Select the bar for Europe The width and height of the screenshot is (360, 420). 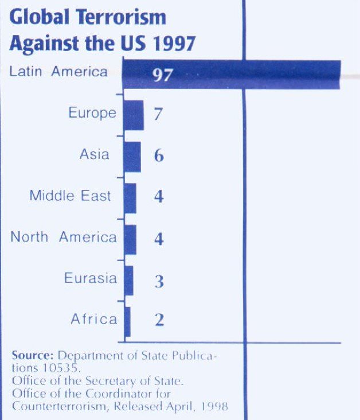(x=133, y=115)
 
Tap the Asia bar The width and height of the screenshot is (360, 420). (x=131, y=156)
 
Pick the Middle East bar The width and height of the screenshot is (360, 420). (x=130, y=197)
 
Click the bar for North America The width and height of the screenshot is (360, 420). (x=130, y=239)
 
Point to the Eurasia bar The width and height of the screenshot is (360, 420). (x=128, y=280)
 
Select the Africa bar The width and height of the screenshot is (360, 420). (x=127, y=321)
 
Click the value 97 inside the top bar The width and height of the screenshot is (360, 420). (x=163, y=75)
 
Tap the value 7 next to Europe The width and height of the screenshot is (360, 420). (x=158, y=115)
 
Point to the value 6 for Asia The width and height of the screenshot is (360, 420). (x=159, y=156)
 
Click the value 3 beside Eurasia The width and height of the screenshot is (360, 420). (x=159, y=281)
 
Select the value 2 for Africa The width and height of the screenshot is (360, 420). (x=159, y=320)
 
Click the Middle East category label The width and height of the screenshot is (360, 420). (x=70, y=196)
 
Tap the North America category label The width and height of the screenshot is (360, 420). (x=64, y=238)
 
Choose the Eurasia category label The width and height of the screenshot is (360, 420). (x=90, y=279)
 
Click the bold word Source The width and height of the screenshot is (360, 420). (x=33, y=356)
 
